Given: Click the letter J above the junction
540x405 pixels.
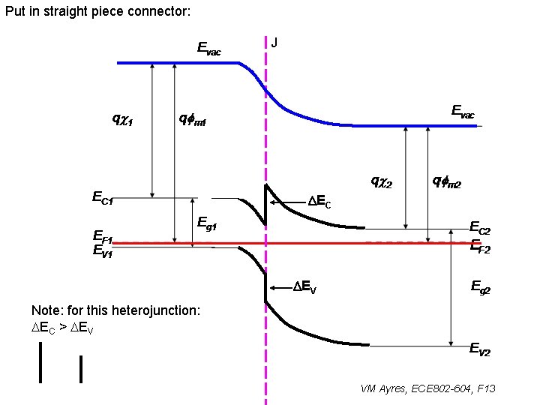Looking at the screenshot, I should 274,42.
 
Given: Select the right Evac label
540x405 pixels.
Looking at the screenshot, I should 463,112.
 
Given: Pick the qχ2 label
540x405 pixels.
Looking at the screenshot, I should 382,181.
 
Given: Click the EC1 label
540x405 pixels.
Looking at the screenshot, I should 103,199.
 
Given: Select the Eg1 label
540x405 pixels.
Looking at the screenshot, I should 207,223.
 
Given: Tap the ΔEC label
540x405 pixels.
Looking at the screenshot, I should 319,202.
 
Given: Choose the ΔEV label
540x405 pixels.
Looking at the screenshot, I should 304,287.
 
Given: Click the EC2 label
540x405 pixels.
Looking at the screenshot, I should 480,226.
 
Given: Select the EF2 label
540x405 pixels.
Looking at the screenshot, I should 480,247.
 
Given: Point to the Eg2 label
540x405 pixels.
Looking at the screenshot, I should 480,286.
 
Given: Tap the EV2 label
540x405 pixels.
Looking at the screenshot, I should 480,348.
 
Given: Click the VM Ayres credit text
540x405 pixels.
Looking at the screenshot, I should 428,388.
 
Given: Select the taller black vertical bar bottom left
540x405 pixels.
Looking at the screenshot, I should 40,362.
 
